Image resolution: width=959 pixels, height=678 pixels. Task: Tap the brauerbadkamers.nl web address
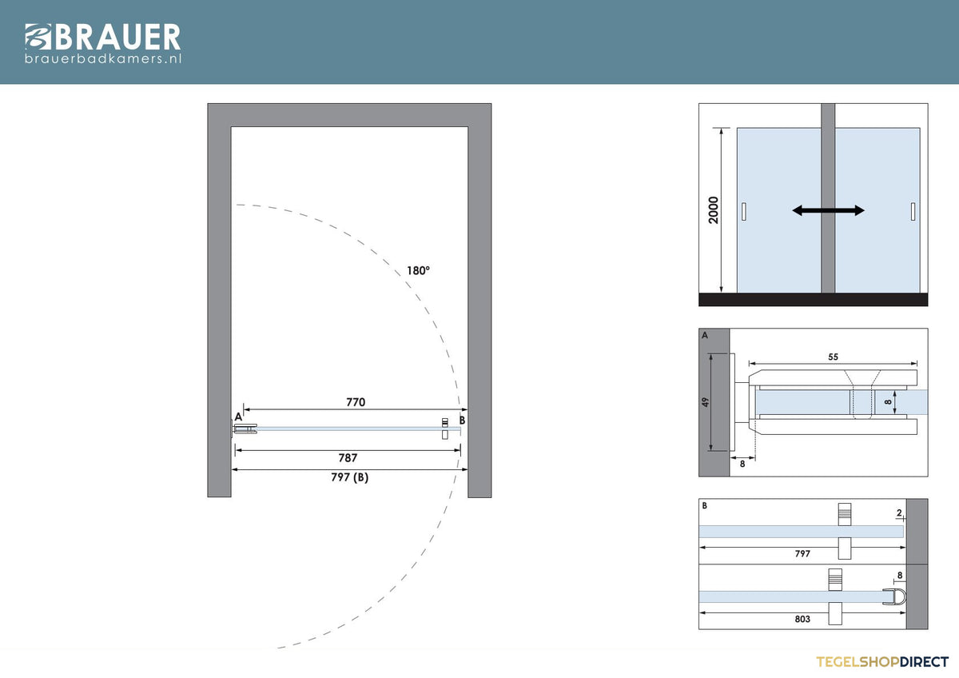click(x=103, y=58)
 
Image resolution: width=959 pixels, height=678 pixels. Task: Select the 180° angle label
click(x=418, y=271)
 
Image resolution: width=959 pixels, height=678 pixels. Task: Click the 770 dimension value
click(x=356, y=401)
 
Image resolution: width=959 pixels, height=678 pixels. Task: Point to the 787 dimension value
click(x=348, y=458)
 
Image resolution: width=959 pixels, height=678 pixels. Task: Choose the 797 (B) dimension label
click(x=350, y=477)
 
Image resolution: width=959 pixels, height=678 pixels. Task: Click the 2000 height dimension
click(x=713, y=210)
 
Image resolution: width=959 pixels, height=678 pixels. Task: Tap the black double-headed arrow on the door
click(x=828, y=210)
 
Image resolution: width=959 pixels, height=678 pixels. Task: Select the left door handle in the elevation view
click(x=744, y=212)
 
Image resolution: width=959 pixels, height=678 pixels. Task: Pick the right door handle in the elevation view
click(x=913, y=212)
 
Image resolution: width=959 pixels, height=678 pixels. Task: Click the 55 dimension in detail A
click(x=833, y=357)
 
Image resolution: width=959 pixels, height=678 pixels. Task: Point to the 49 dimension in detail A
click(x=705, y=402)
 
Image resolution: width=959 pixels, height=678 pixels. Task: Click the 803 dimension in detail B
click(x=802, y=619)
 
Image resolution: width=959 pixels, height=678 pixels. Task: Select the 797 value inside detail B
click(x=802, y=553)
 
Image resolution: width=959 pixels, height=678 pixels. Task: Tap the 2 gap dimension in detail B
click(x=899, y=512)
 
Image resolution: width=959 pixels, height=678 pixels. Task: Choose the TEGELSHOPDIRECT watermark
click(x=882, y=662)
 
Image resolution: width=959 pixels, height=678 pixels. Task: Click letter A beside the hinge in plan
click(x=238, y=417)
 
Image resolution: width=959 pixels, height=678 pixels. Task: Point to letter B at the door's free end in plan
click(x=462, y=421)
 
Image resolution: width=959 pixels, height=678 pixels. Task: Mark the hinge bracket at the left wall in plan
click(x=244, y=429)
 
